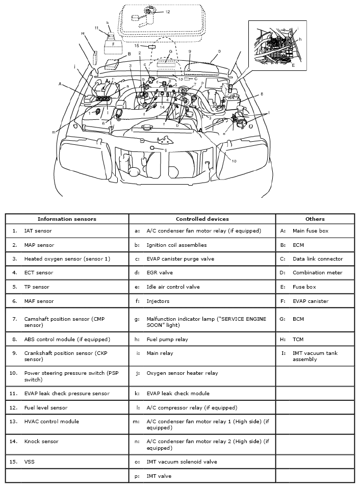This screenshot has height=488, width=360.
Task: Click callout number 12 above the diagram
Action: tap(167, 11)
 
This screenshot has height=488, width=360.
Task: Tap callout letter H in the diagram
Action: tap(83, 33)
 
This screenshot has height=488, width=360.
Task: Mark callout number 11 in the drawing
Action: tap(96, 28)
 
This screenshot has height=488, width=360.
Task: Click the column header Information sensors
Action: tap(67, 219)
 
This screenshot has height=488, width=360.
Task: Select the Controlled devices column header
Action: tap(202, 219)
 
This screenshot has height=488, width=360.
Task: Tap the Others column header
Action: tap(315, 219)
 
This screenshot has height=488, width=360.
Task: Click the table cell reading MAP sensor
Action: tap(39, 245)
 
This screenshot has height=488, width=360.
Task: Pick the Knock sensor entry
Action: tap(41, 441)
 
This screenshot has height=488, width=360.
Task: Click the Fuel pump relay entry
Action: tap(167, 339)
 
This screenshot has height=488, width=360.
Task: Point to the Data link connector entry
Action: tap(318, 259)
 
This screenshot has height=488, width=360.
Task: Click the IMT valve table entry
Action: tap(159, 476)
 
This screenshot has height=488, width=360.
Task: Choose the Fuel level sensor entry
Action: tap(46, 407)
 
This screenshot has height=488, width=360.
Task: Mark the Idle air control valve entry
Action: tap(173, 287)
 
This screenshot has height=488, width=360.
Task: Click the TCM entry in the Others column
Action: tap(299, 339)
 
